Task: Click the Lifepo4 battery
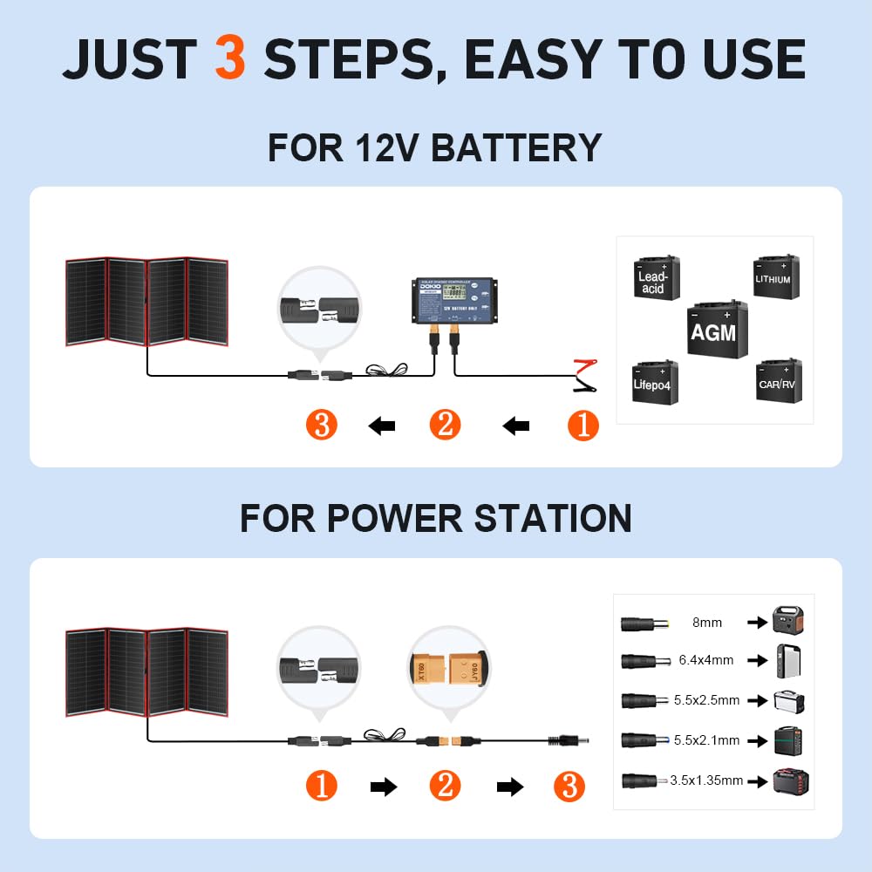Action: pos(655,382)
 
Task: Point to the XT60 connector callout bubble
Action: pos(448,666)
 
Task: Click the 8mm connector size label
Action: pos(706,623)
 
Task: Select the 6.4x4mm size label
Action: pos(706,660)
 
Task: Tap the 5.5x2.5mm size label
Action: pos(706,700)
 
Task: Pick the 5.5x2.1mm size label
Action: pos(706,740)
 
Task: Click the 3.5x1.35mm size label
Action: pos(706,780)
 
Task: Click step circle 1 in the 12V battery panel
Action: pos(583,426)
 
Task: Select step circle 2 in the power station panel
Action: pos(445,787)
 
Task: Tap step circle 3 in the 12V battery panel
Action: pos(322,426)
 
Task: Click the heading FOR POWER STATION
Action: pos(435,519)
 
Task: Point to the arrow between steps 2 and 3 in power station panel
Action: pos(509,787)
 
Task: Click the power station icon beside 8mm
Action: pos(787,621)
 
